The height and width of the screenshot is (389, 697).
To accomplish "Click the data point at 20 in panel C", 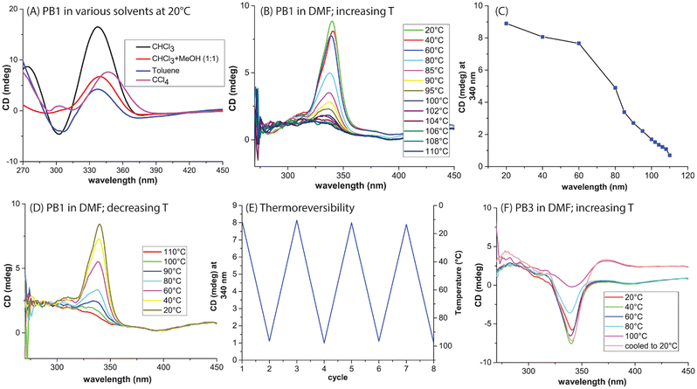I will [x=506, y=24].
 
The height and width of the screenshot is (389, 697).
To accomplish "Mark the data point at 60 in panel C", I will [x=579, y=44].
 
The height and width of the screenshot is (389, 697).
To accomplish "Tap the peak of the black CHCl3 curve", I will [x=97, y=27].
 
